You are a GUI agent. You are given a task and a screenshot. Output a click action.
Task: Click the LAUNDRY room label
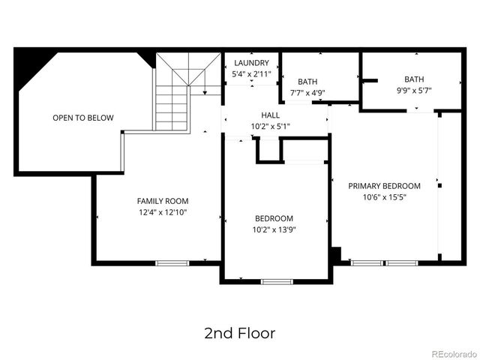point(250,63)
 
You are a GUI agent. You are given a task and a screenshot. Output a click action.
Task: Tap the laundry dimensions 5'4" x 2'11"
point(250,74)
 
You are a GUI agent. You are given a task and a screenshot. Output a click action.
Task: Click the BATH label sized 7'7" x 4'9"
point(307,82)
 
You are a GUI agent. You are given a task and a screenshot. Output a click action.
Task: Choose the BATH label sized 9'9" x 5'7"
point(414,79)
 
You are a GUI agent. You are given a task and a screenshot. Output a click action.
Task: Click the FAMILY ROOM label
point(162,201)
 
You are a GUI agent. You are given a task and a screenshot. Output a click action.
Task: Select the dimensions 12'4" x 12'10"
point(162,213)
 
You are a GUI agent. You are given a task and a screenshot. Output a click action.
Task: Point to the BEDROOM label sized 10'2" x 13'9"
point(274,218)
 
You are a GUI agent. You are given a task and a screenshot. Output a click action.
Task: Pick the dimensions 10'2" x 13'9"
point(274,230)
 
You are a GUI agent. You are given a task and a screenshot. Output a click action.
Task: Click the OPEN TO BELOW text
point(82,118)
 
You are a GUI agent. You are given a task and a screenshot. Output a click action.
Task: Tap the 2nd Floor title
point(239,332)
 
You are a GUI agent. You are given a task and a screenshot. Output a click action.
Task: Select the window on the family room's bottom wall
point(172,262)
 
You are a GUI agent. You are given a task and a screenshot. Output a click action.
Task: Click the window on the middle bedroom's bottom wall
point(277,281)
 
